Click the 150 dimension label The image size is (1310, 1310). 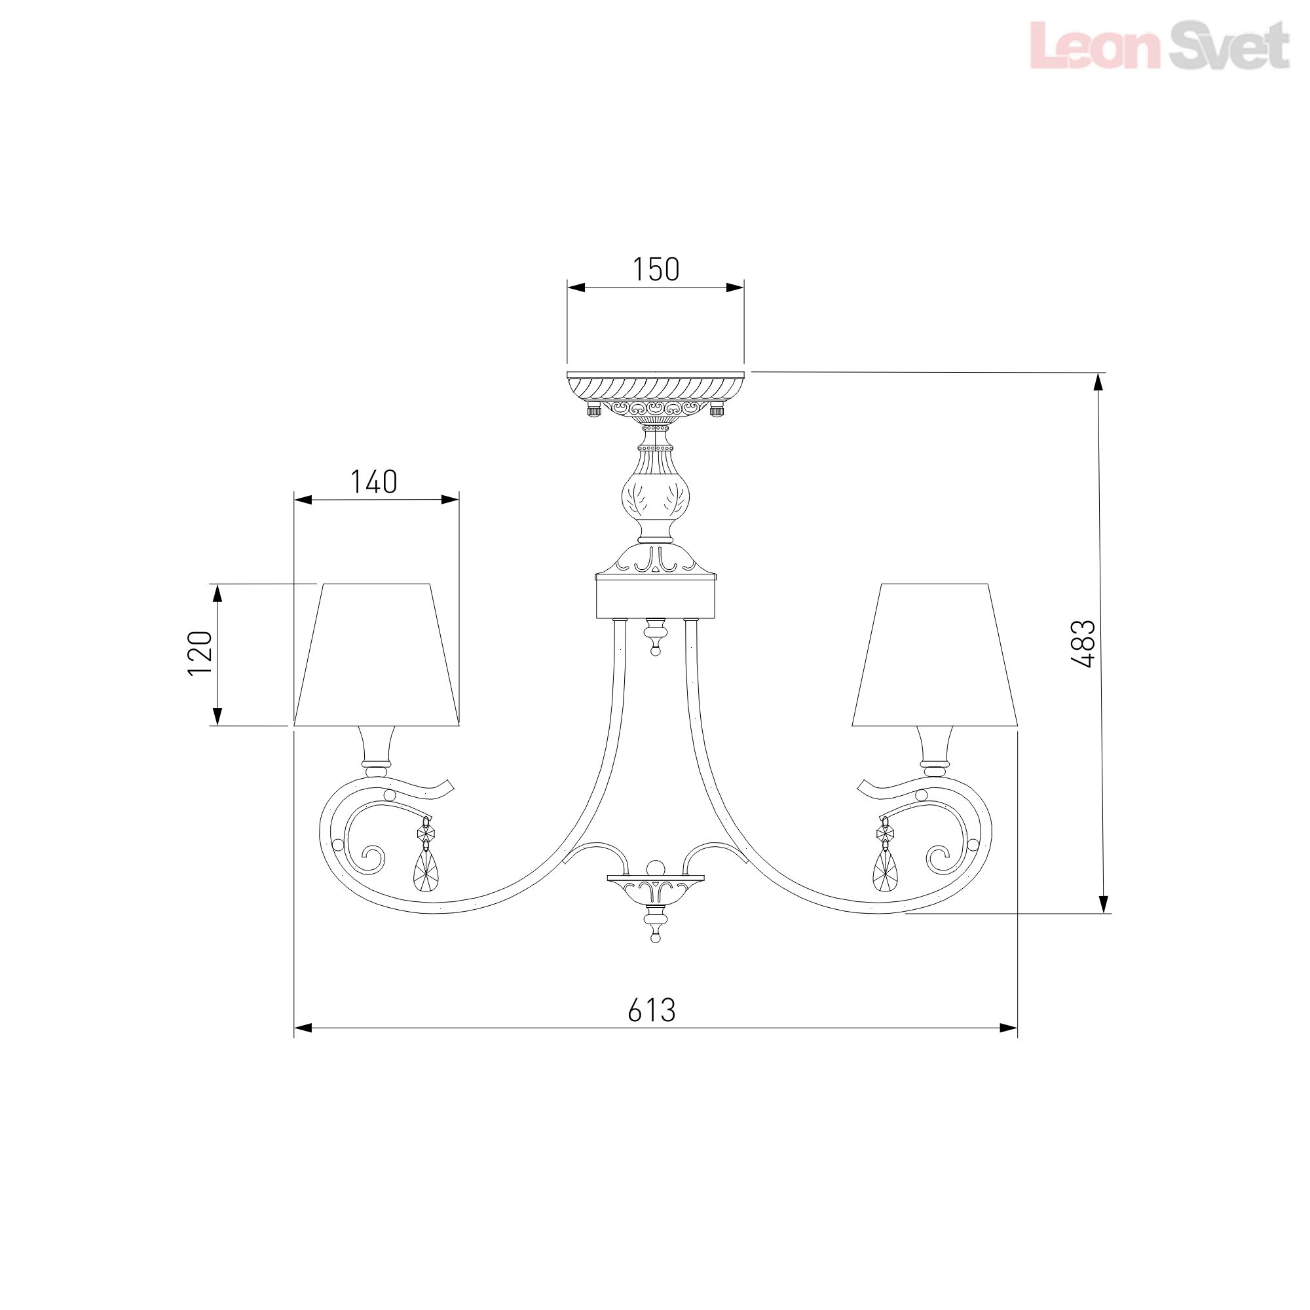click(656, 270)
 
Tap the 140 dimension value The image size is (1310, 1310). click(373, 482)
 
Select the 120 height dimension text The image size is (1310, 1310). click(200, 653)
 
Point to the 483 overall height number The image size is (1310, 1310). click(1083, 643)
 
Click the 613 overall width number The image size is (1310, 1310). click(652, 1029)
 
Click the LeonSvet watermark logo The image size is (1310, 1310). click(1159, 45)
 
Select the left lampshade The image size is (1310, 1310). click(377, 655)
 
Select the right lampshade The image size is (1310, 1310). click(935, 655)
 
